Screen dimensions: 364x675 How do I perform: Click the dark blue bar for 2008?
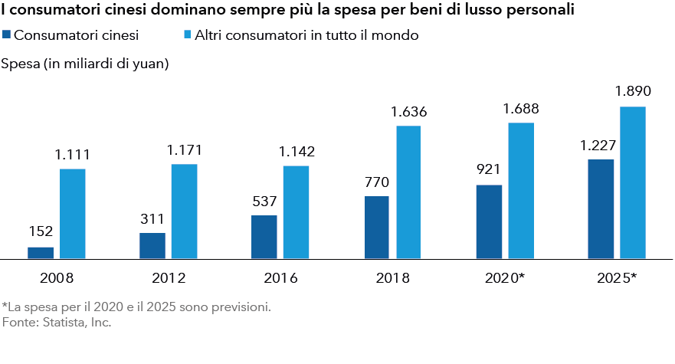pos(41,253)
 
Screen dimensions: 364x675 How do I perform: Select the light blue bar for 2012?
pos(184,212)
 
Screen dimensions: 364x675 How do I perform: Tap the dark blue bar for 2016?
pos(264,238)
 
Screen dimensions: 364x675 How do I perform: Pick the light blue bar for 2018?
pos(408,192)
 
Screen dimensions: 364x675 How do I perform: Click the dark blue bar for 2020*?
pos(489,222)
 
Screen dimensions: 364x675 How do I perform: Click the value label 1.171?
pos(184,150)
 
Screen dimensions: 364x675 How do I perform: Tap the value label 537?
pos(264,202)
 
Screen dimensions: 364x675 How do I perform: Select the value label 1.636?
pos(408,112)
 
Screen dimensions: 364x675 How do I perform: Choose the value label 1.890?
pos(633,92)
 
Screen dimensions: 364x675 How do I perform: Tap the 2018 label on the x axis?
pos(392,278)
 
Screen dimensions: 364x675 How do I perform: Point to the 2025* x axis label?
pos(616,278)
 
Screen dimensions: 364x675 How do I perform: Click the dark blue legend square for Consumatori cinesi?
pos(7,35)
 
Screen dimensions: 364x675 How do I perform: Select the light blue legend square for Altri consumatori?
pos(188,35)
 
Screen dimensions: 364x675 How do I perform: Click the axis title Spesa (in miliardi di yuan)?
pos(85,64)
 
